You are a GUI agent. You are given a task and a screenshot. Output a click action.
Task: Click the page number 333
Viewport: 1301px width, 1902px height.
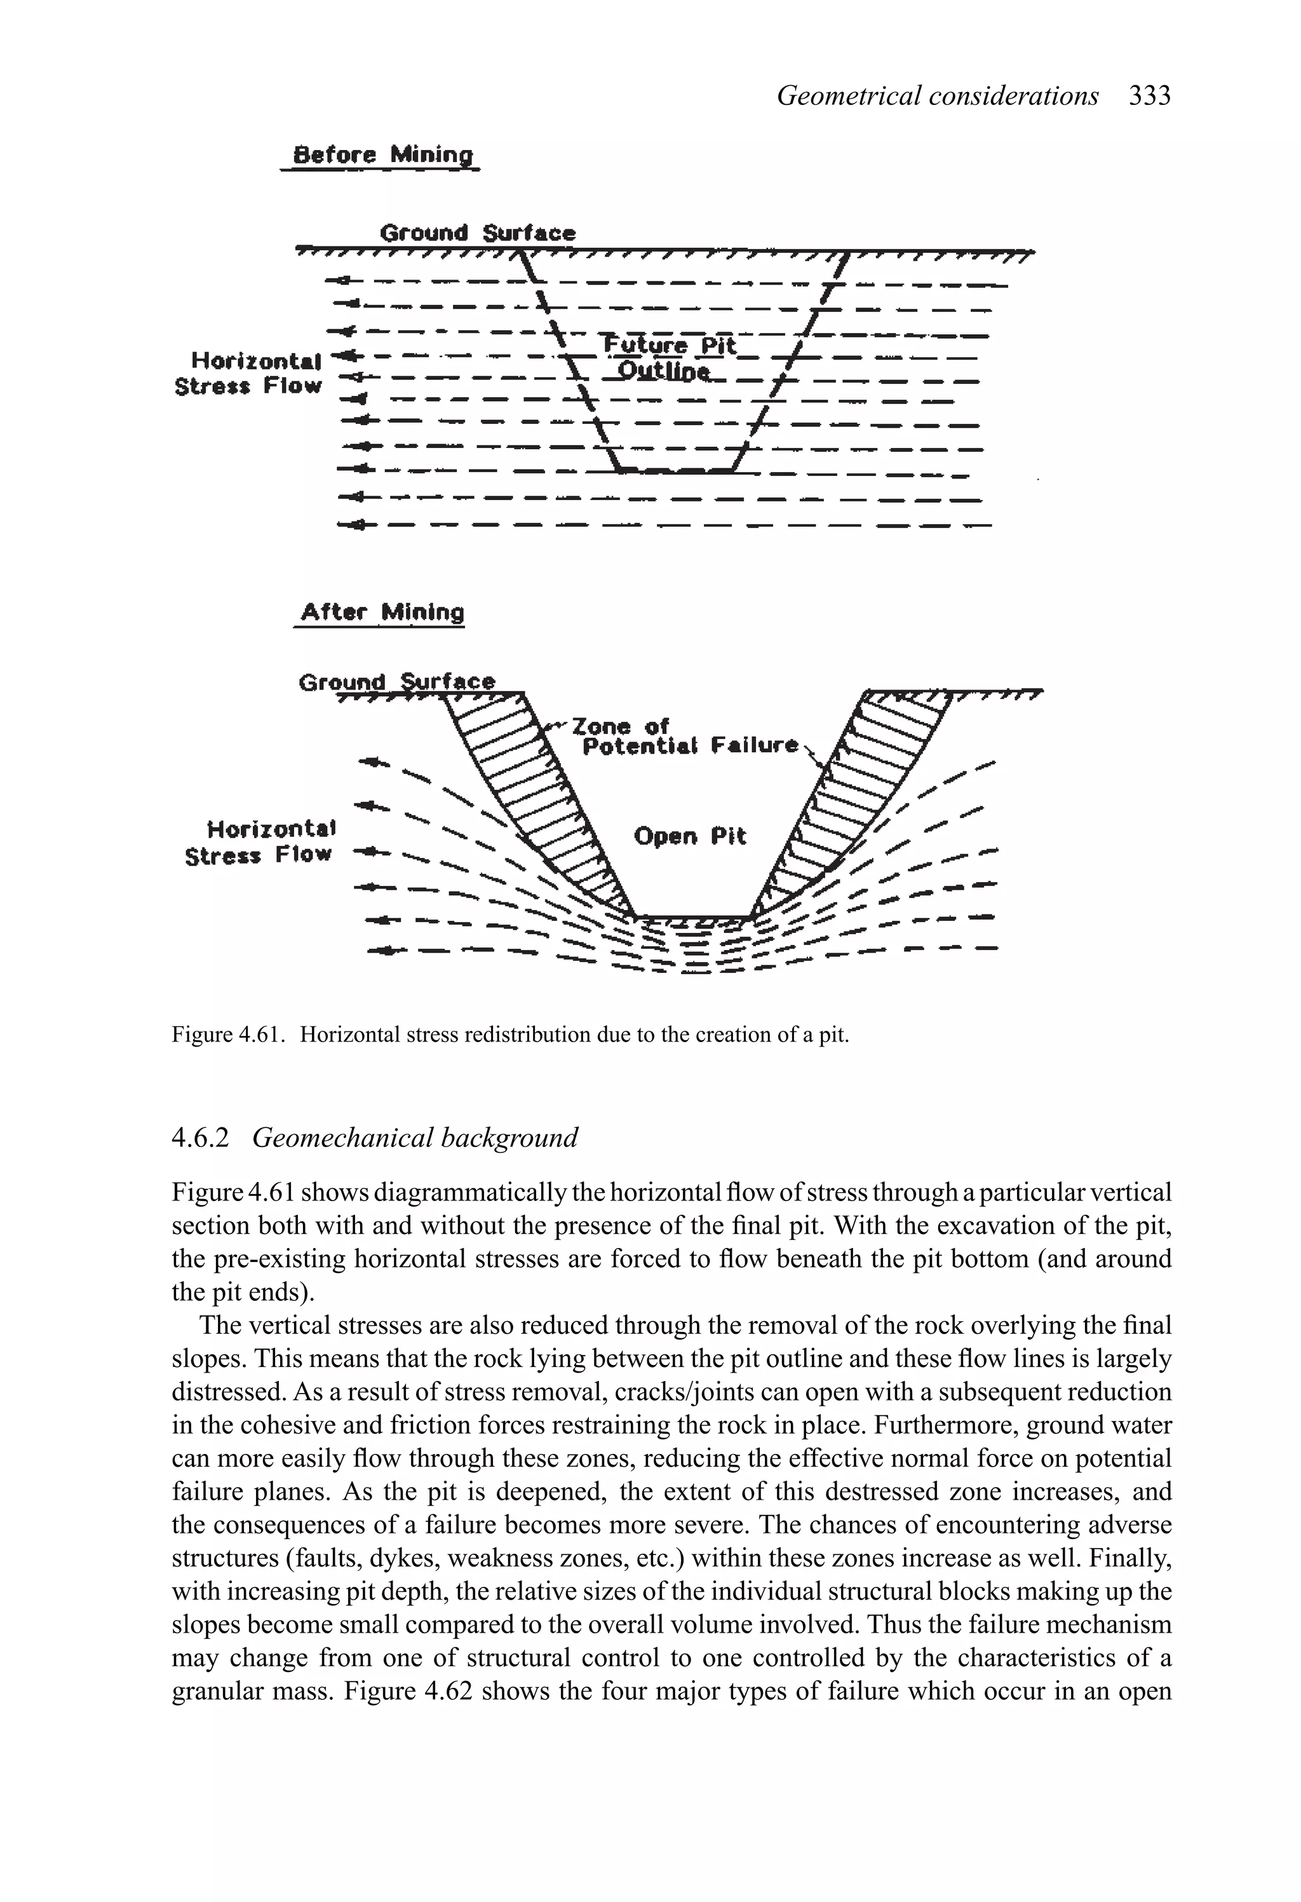1150,97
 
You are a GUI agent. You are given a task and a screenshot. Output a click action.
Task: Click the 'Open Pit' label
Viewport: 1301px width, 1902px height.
690,836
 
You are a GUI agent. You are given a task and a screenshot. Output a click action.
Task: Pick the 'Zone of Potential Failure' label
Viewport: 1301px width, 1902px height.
687,735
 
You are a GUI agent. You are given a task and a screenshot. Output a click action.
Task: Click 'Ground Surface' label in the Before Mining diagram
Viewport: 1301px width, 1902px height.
478,233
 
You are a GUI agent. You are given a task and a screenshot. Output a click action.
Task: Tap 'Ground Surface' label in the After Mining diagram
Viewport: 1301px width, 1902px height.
397,681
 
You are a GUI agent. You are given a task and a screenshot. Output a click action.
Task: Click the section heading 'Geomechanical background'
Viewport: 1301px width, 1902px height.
415,1138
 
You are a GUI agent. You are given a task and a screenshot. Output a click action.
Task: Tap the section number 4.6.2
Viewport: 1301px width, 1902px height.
201,1138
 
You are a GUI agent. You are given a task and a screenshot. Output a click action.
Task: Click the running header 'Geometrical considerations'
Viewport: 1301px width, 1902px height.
938,97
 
